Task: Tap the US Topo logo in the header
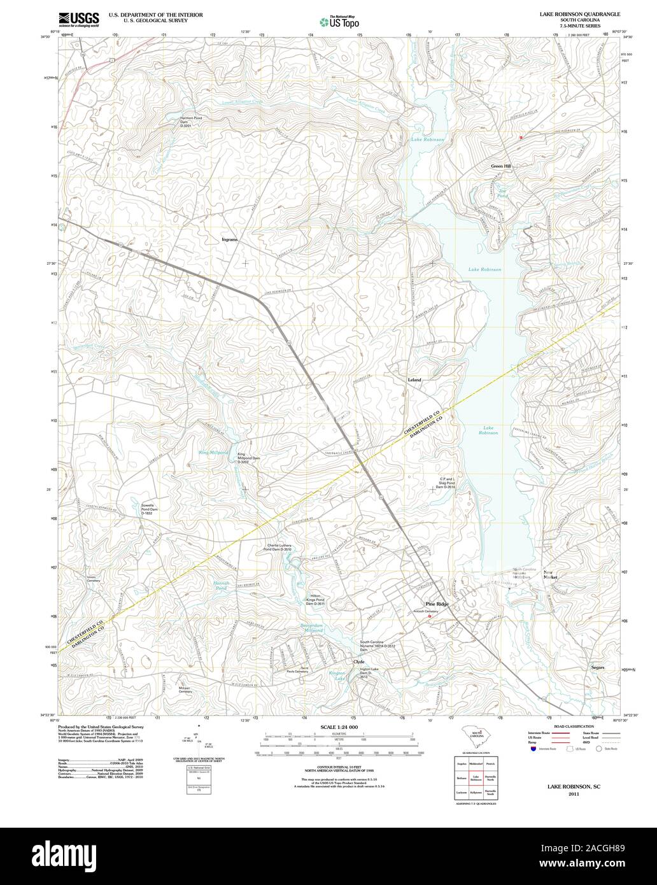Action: pyautogui.click(x=340, y=22)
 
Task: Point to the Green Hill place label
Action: pyautogui.click(x=500, y=166)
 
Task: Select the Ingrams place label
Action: pyautogui.click(x=229, y=239)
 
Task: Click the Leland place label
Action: pyautogui.click(x=414, y=379)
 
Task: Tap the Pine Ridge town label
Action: pyautogui.click(x=437, y=604)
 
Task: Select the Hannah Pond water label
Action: pyautogui.click(x=220, y=586)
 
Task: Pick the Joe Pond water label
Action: pyautogui.click(x=502, y=194)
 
